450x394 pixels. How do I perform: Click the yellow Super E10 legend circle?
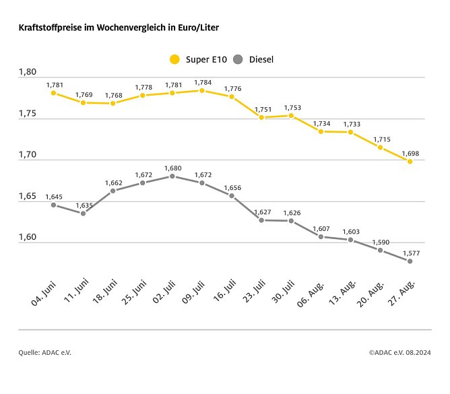coord(174,59)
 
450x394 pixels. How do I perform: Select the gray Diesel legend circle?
coord(237,59)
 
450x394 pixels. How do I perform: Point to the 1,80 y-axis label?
coord(29,72)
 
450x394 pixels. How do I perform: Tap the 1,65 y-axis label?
coord(29,197)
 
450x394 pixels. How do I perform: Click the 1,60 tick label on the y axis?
coord(29,238)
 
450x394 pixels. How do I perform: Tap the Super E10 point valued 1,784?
coord(202,90)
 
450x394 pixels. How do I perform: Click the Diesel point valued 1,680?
coord(172,176)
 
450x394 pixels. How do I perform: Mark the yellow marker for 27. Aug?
coord(410,162)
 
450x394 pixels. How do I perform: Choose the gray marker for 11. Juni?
coord(83,214)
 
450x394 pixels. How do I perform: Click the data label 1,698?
coord(410,153)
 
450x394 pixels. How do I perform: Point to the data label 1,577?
coord(410,253)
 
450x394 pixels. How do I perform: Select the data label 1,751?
coord(261,109)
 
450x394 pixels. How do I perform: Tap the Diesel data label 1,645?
coord(53,197)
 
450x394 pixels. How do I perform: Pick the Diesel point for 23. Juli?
coord(261,220)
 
